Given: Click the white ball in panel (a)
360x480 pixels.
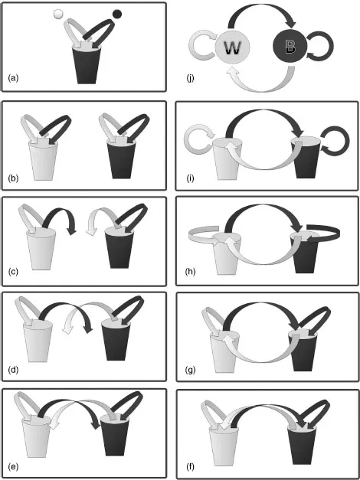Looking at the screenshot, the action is click(x=57, y=14).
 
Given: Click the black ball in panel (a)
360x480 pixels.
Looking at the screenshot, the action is click(x=117, y=14).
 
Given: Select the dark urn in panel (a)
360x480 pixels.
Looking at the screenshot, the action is click(x=87, y=64).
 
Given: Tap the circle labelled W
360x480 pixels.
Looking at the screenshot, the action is click(x=232, y=47).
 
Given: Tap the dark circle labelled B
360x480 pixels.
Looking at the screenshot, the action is click(x=290, y=46).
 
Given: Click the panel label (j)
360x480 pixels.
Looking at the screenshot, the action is click(x=191, y=78).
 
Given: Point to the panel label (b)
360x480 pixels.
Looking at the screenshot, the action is click(x=13, y=178).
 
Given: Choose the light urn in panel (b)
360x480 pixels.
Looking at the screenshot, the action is click(x=43, y=160).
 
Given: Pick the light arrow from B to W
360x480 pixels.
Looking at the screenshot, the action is click(x=263, y=90).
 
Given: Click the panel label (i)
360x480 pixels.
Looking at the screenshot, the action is click(x=190, y=178).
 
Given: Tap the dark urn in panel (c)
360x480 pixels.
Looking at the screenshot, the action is click(x=119, y=249).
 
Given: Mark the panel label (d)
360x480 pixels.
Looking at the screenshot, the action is click(x=13, y=369).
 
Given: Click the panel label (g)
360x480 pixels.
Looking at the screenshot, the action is click(x=191, y=370).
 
